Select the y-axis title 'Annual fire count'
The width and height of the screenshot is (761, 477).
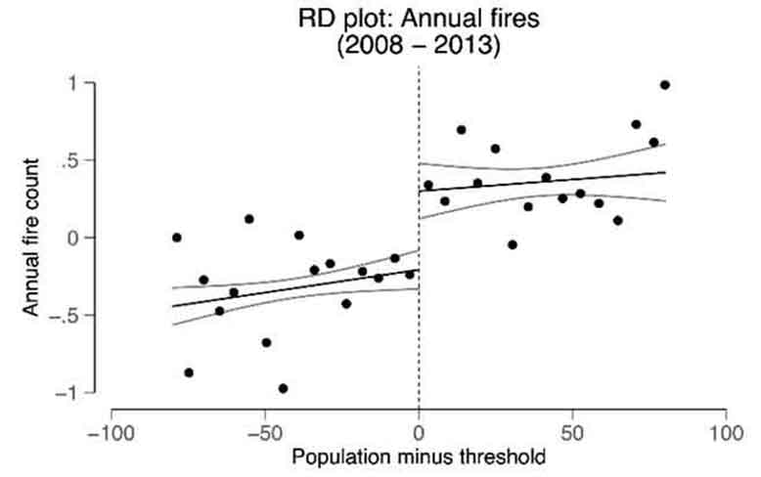click(31, 237)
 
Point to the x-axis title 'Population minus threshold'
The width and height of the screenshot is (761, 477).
click(419, 455)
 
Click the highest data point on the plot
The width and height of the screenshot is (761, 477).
click(665, 85)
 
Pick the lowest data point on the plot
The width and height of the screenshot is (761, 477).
click(283, 388)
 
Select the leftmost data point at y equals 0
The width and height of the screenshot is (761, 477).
click(177, 238)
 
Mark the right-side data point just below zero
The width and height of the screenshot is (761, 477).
click(513, 244)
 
